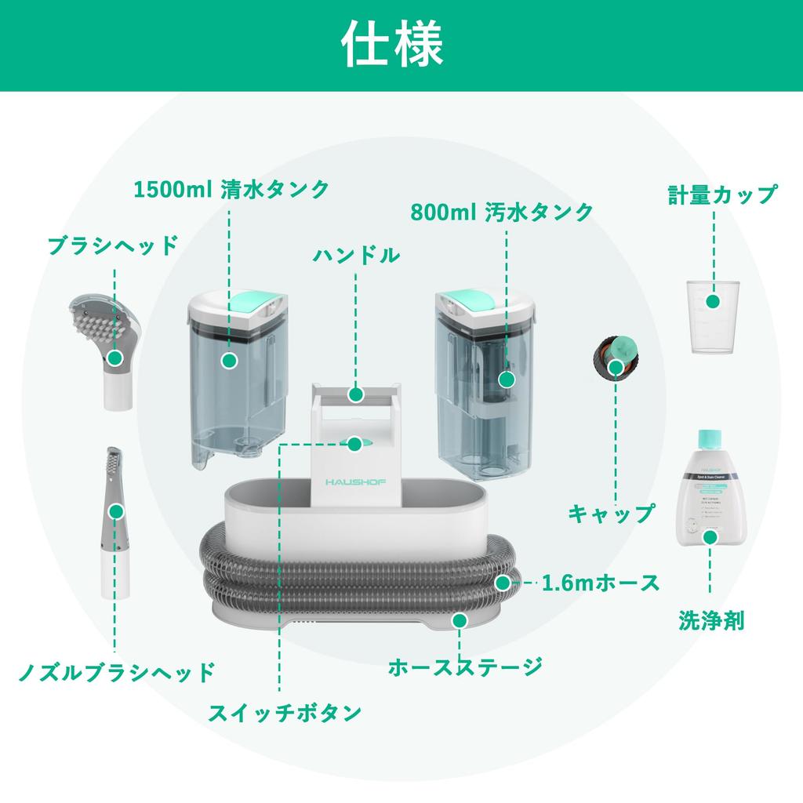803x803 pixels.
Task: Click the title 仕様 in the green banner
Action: tap(391, 46)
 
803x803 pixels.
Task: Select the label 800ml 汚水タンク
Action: tap(502, 212)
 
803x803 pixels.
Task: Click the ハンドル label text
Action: tap(357, 256)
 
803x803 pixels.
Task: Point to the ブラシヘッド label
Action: tap(113, 245)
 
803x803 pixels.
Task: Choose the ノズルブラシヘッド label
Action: tap(116, 672)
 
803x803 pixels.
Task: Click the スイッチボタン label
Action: tap(285, 712)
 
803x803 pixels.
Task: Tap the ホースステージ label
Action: tap(466, 667)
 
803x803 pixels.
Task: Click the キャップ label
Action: tap(611, 514)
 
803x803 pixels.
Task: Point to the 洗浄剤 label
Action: tap(711, 621)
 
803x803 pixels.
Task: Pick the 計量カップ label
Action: tap(722, 195)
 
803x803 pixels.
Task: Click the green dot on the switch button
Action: tap(354, 444)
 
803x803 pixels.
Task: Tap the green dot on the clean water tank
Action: tap(229, 361)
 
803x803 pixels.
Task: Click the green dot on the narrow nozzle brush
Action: tap(116, 511)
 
